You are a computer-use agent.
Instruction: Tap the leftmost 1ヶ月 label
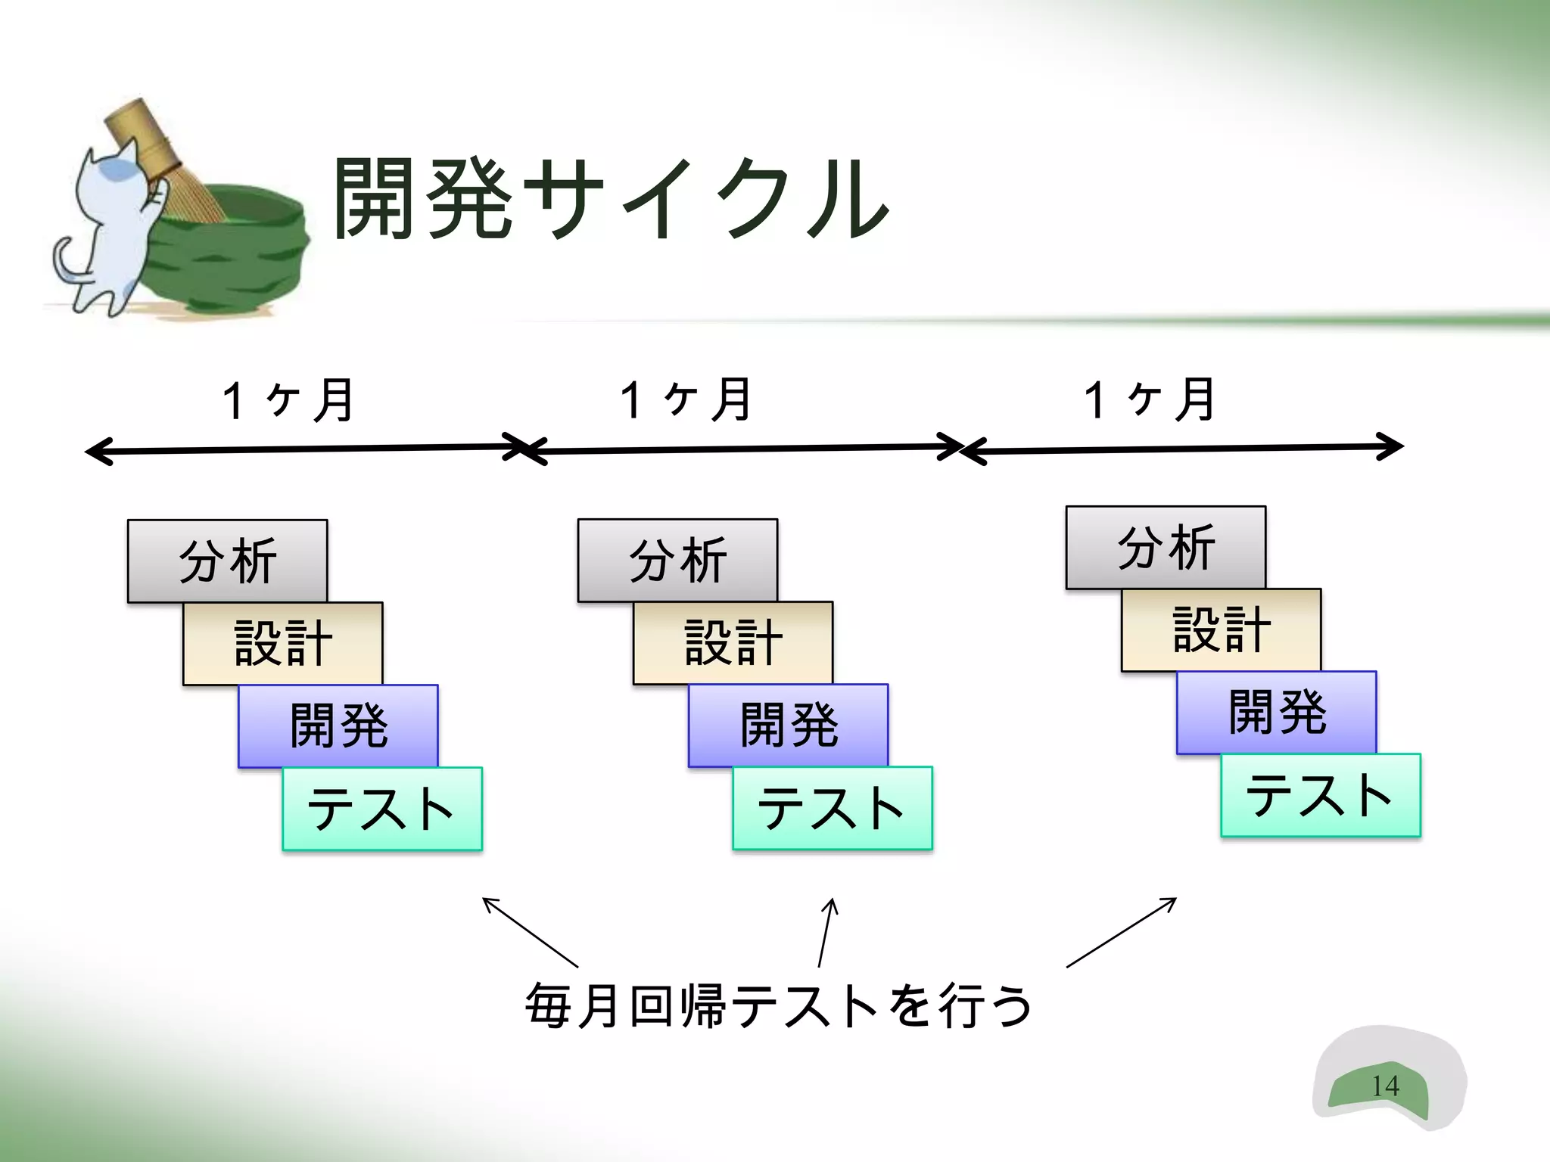click(x=288, y=400)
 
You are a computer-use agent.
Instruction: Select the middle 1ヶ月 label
click(x=686, y=400)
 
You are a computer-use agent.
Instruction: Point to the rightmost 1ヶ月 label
click(x=1150, y=400)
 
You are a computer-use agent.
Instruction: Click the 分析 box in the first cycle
click(x=227, y=561)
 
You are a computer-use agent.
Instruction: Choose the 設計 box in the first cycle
click(x=282, y=643)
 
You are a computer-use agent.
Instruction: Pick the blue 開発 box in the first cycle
click(x=338, y=725)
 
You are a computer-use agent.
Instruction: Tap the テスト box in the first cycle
click(x=382, y=808)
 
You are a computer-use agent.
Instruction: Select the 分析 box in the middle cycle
click(x=677, y=560)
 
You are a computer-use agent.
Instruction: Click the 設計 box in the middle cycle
click(x=733, y=642)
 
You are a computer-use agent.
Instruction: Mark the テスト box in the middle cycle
click(x=833, y=807)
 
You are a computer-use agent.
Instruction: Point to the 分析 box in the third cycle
click(x=1166, y=547)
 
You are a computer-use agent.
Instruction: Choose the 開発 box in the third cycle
click(x=1276, y=712)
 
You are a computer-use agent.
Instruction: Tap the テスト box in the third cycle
click(x=1321, y=794)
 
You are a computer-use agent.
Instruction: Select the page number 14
click(x=1385, y=1086)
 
